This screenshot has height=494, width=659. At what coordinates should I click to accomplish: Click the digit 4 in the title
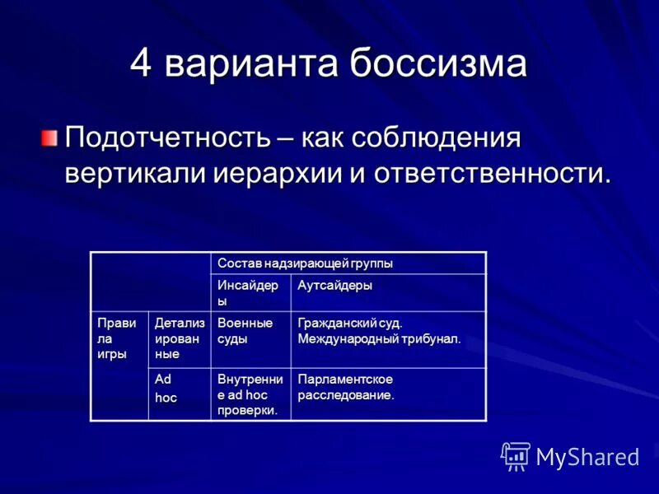coord(142,64)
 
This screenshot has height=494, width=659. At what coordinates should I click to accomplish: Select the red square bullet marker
coord(51,137)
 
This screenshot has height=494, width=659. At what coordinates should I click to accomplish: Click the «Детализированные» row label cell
coord(179,338)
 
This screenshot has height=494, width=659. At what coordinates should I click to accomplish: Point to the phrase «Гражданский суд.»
coord(350,324)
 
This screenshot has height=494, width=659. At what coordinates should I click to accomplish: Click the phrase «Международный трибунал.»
coord(379,338)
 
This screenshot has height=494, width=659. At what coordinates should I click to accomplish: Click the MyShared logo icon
coord(516,455)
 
